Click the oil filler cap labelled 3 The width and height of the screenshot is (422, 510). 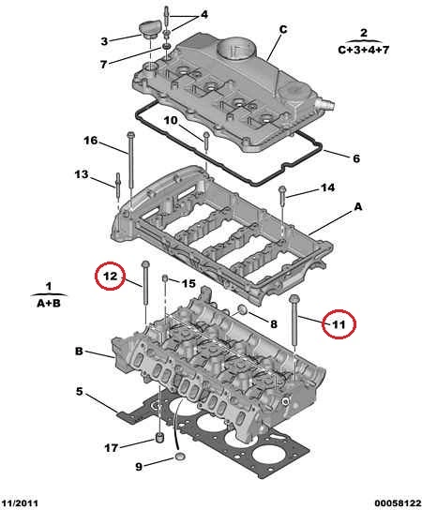pos(150,29)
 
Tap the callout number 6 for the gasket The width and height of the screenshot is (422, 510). pos(356,158)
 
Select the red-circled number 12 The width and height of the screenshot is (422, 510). pos(110,276)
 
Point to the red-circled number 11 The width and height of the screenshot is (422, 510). pos(338,324)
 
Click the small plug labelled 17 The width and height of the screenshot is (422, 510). pos(159,438)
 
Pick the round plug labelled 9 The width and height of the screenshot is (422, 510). pos(180,457)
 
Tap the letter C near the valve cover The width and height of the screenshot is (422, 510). pos(283,30)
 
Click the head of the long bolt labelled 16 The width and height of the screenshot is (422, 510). pos(130,135)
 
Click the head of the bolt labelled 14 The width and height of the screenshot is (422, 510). pos(281,188)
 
